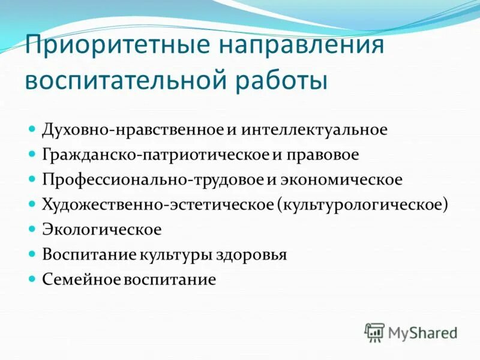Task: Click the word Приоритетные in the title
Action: pyautogui.click(x=115, y=47)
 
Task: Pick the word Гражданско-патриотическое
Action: pyautogui.click(x=155, y=155)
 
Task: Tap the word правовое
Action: pyautogui.click(x=322, y=155)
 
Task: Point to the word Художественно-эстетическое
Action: pyautogui.click(x=157, y=205)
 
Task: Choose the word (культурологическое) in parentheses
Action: pyautogui.click(x=362, y=205)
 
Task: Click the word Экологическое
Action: pyautogui.click(x=101, y=230)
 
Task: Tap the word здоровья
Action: pyautogui.click(x=252, y=254)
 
